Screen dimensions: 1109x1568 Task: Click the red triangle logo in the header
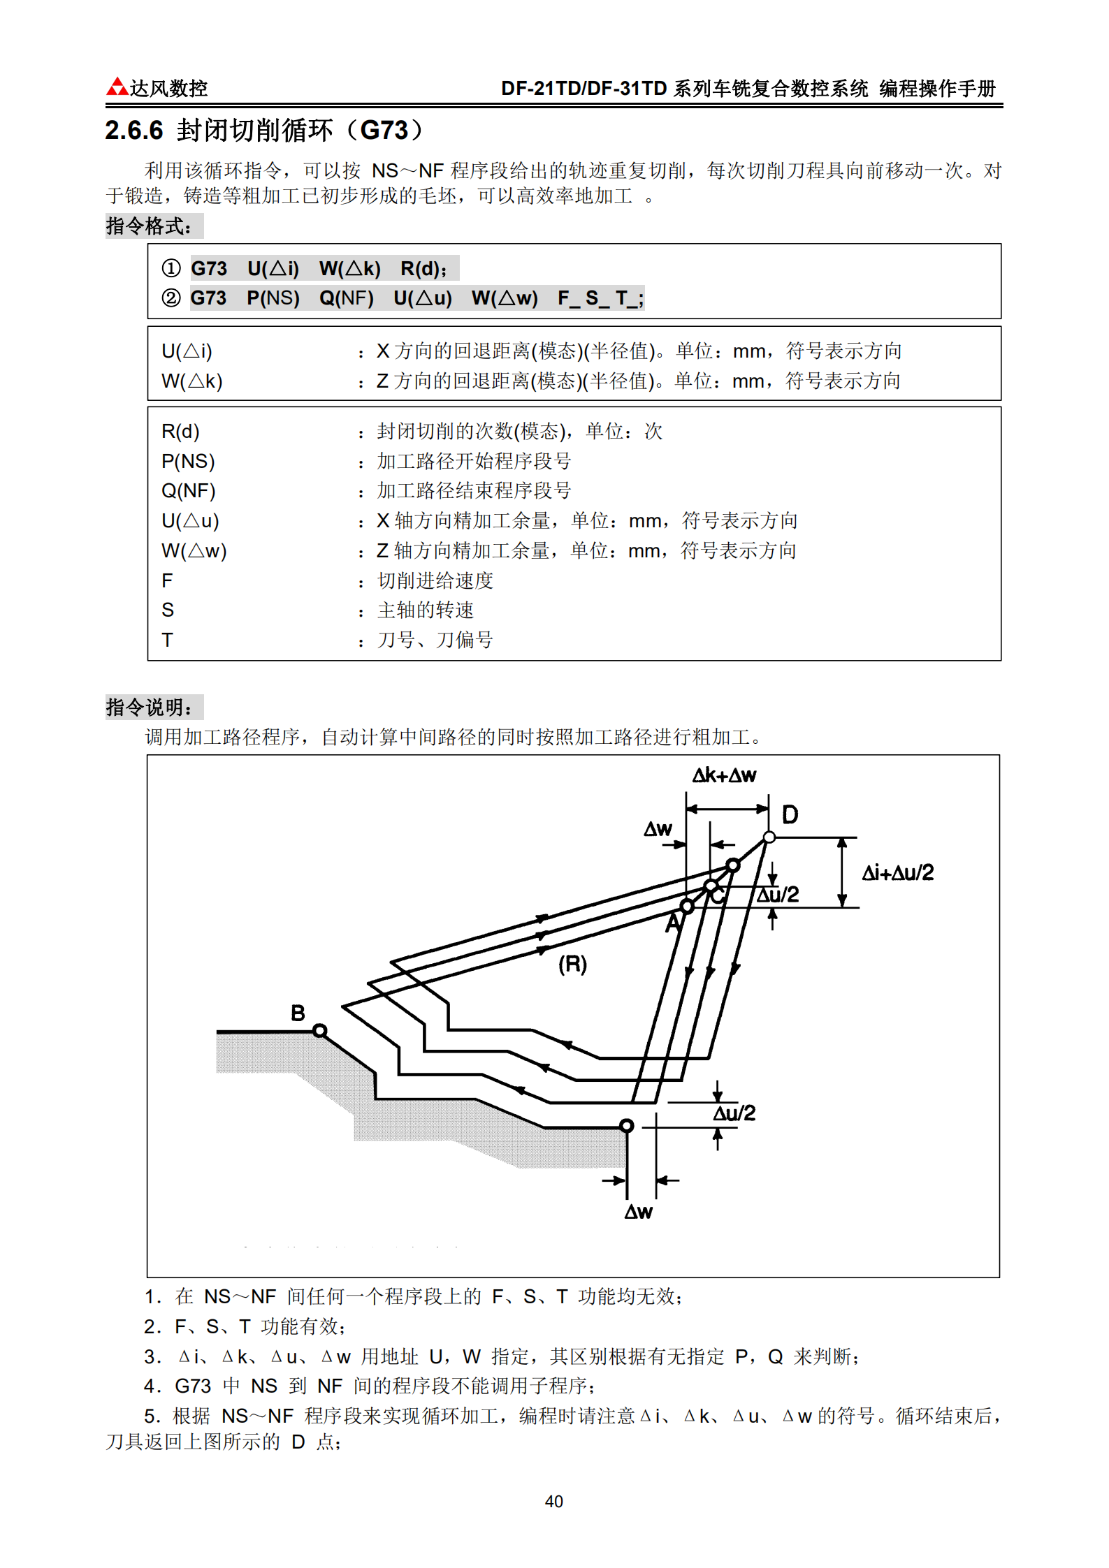point(117,87)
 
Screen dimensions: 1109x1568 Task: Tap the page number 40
point(553,1501)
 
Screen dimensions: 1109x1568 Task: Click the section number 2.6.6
point(133,131)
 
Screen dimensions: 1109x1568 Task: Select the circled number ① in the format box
point(171,268)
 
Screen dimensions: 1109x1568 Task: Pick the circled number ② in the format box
point(171,298)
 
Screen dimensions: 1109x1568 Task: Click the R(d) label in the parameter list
point(180,432)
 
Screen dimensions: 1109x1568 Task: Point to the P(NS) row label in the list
point(188,462)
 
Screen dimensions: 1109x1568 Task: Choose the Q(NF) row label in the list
point(189,491)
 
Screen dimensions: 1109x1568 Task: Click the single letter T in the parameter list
point(167,640)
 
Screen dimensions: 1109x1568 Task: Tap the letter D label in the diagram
point(790,814)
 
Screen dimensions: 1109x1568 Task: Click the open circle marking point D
point(769,837)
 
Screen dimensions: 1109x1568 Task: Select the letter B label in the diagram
point(298,1013)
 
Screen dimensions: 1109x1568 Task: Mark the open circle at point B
point(319,1030)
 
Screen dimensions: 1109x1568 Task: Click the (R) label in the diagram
point(572,965)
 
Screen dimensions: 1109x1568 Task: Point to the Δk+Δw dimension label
point(724,775)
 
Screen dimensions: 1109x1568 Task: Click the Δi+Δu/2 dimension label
point(898,872)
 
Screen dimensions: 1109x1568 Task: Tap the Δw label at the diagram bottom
point(638,1212)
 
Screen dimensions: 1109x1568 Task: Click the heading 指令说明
point(149,708)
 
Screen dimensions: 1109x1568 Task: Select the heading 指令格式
point(149,226)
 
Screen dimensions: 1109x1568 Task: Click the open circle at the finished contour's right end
point(626,1126)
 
